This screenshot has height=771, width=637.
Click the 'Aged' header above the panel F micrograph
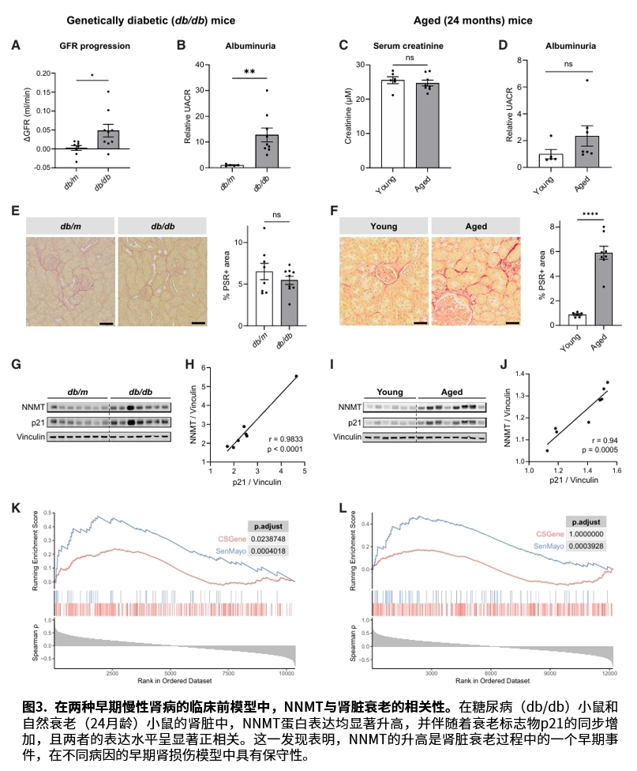pos(476,226)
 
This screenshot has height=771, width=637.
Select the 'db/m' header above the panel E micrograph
pos(70,226)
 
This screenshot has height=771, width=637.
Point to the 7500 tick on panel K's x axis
pos(227,674)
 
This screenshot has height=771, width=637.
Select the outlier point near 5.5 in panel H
pos(297,376)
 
